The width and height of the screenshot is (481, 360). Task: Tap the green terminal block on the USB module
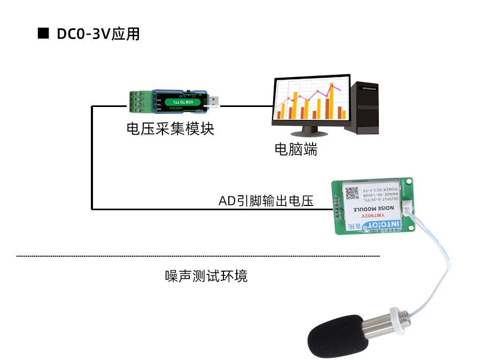pyautogui.click(x=140, y=102)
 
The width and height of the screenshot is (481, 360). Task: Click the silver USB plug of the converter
pyautogui.click(x=212, y=101)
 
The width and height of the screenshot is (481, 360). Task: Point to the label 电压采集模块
pyautogui.click(x=170, y=129)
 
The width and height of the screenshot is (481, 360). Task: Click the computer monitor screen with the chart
pyautogui.click(x=309, y=101)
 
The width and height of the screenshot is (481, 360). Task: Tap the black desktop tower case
pyautogui.click(x=362, y=107)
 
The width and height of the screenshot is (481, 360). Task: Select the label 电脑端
pyautogui.click(x=296, y=150)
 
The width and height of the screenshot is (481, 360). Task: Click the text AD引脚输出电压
pyautogui.click(x=266, y=201)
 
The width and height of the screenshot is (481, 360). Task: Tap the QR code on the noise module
pyautogui.click(x=352, y=194)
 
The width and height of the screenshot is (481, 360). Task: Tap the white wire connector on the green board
pyautogui.click(x=408, y=210)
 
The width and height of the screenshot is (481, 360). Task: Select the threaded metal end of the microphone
pyautogui.click(x=403, y=317)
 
